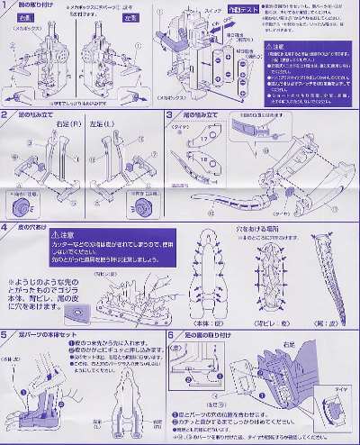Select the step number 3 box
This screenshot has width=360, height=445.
170,115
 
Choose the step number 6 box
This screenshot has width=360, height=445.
170,333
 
